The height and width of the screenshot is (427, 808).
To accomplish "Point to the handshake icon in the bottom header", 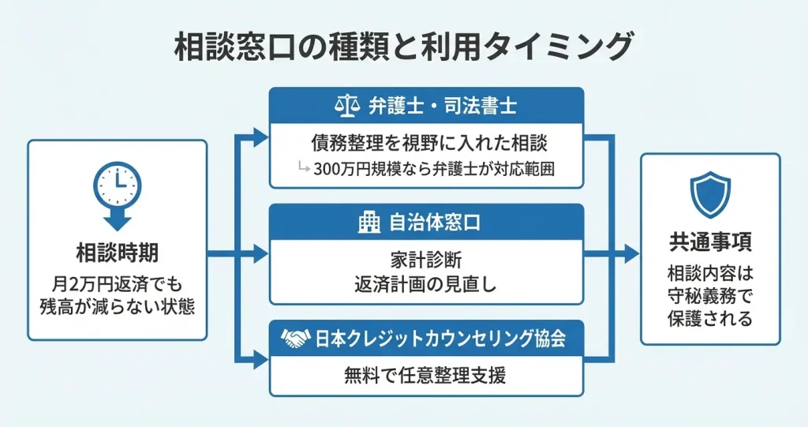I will [296, 339].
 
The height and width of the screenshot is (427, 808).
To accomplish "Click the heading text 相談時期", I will [117, 253].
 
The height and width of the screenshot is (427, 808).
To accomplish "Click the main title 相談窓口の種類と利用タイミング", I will [403, 46].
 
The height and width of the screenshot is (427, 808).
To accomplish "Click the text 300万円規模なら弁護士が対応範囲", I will [436, 169].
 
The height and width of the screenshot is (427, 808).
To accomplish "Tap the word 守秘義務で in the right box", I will [709, 298].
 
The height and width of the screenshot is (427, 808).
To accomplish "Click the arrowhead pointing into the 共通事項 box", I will [630, 253].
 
